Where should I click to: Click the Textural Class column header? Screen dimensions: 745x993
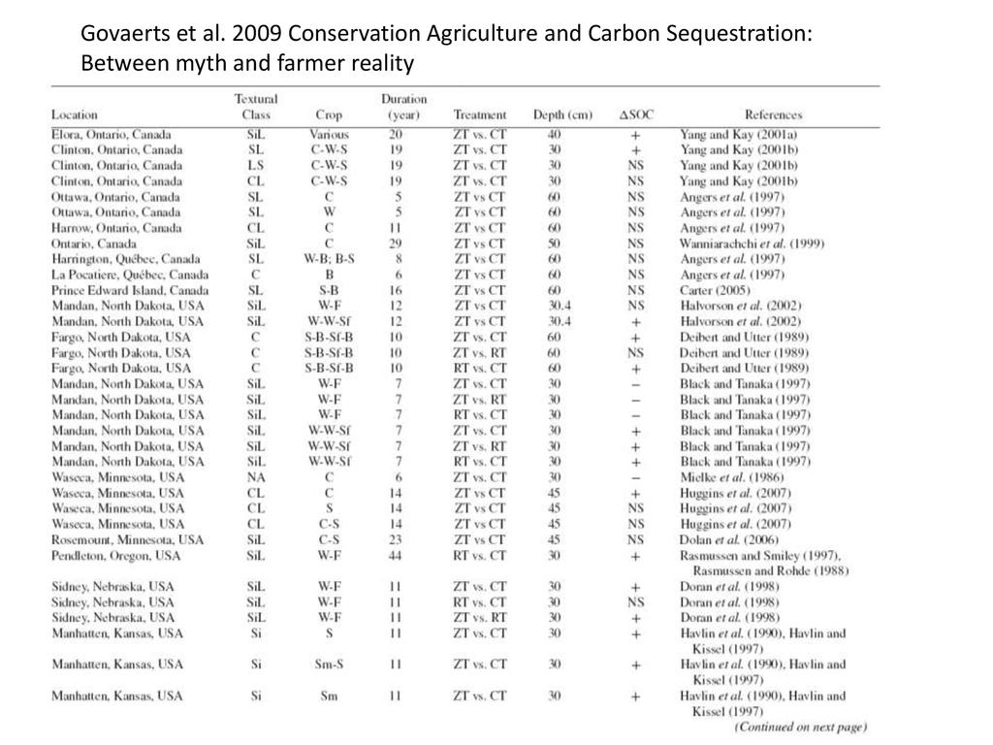(256, 107)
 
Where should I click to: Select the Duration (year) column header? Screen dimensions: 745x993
(403, 107)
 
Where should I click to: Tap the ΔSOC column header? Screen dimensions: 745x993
(636, 114)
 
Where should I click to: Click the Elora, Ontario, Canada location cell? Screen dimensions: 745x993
(111, 135)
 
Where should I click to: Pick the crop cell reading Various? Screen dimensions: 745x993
(329, 135)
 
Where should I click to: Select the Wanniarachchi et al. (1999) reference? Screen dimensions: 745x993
(752, 243)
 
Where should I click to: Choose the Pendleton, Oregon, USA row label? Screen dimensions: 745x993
(115, 556)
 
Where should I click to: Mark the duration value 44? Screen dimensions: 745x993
(396, 556)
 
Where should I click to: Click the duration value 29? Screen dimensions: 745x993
(396, 243)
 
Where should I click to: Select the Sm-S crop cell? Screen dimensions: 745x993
(329, 664)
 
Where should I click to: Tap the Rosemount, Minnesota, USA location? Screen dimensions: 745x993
(127, 539)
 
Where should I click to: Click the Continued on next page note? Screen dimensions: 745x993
(800, 727)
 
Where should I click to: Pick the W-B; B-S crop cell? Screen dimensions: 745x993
(329, 259)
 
